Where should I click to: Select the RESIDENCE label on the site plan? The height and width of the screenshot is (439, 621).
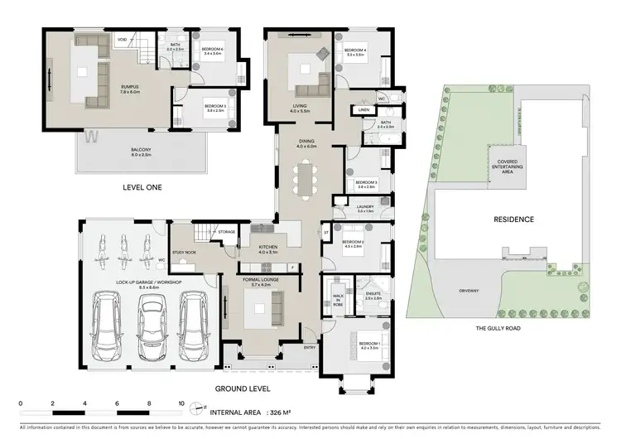tap(514, 219)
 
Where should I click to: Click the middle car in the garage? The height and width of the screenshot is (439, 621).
tap(150, 322)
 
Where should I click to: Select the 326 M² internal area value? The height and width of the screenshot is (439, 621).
tap(285, 412)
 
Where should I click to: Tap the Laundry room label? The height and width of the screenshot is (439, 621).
tap(365, 209)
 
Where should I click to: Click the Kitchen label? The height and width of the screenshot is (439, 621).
tap(267, 248)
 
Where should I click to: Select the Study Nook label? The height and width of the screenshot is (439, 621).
tap(185, 253)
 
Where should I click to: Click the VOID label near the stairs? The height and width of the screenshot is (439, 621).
tap(123, 38)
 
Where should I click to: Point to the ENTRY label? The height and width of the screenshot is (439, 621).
tap(310, 348)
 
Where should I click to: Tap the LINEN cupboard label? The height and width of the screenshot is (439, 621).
tap(363, 110)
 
